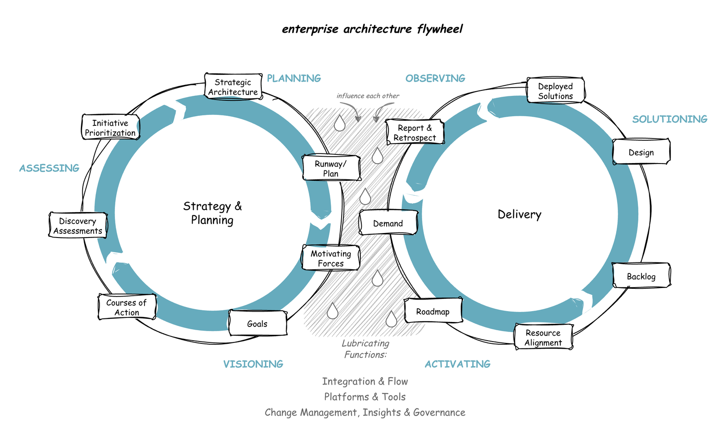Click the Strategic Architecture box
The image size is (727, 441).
coord(233,87)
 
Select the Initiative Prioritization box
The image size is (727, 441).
coord(110,128)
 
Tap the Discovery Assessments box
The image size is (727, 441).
coord(78,226)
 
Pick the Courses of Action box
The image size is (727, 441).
coord(127,307)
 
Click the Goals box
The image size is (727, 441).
coord(258,324)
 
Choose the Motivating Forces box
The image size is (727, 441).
coord(331,258)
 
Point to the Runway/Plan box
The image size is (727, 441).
coord(331,168)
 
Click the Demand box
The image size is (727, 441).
coord(388,223)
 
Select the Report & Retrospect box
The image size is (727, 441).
coord(414,133)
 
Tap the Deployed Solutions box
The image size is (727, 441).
coord(555,91)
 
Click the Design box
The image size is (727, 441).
coord(641,152)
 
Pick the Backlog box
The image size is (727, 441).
coord(641,276)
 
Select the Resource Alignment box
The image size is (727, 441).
coord(543,337)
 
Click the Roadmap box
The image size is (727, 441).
coord(433,312)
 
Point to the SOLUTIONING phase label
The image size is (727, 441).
coord(670,119)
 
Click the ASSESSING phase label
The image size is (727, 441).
coord(49,168)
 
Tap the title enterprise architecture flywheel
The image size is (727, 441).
coord(372,29)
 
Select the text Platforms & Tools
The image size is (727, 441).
coord(365,397)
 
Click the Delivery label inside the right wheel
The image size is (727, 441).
coord(519,214)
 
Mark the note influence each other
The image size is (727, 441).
coord(368,96)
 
